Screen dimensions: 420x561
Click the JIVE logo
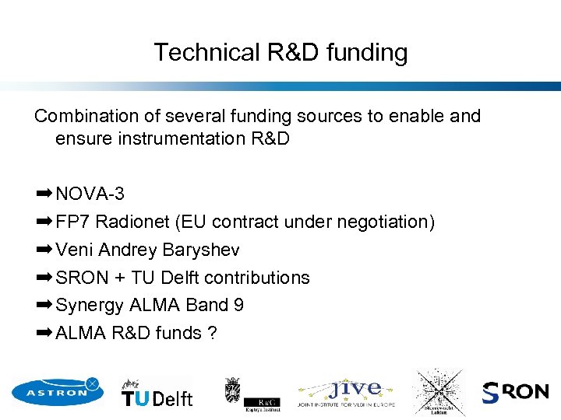(346, 393)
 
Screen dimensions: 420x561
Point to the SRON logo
(515, 392)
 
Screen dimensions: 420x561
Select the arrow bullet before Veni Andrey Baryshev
(44, 250)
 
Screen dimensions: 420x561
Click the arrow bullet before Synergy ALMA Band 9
(44, 305)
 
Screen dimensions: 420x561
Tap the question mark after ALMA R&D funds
(211, 333)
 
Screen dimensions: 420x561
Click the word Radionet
(133, 222)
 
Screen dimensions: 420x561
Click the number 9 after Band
(238, 305)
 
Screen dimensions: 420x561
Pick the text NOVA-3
(90, 194)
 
